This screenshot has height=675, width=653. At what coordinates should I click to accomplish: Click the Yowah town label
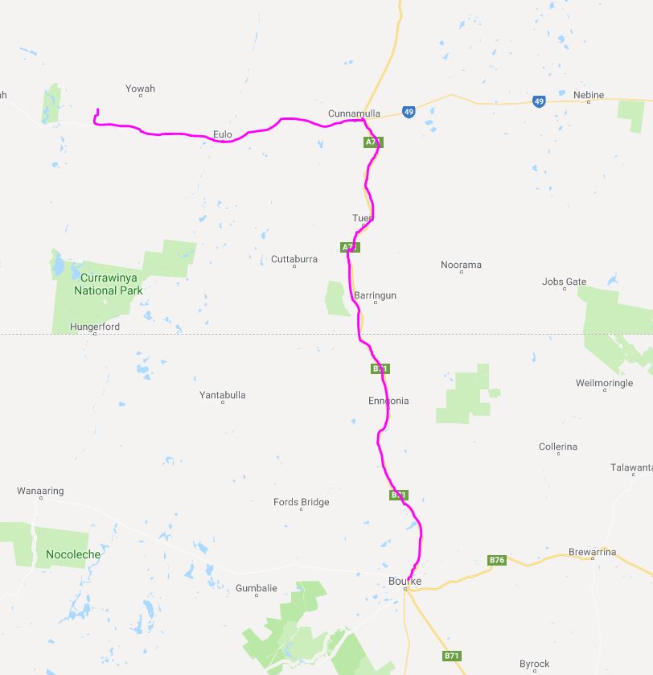tap(141, 88)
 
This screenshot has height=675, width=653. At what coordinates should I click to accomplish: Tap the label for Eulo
tap(223, 134)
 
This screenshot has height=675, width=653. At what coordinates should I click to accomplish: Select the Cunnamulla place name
tap(354, 114)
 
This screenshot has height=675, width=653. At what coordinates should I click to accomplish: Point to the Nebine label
tap(589, 95)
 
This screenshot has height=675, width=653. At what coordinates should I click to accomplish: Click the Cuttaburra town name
tap(294, 259)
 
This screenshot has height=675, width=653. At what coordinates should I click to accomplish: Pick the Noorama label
tap(462, 265)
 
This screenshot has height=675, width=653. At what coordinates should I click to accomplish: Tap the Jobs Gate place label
tap(565, 282)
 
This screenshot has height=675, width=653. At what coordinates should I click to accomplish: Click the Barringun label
tap(376, 296)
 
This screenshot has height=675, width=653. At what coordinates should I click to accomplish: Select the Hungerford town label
tap(95, 327)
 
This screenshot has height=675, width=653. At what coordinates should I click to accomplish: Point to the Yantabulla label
tap(223, 395)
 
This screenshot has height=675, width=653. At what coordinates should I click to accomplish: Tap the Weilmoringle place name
tap(605, 384)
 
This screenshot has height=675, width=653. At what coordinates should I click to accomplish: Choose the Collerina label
tap(558, 447)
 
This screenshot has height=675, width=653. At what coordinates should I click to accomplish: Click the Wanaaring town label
tap(40, 491)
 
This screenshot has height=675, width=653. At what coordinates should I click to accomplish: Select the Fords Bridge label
tap(302, 502)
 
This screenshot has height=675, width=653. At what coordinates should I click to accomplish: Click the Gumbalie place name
tap(257, 588)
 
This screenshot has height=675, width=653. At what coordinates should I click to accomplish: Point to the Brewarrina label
tap(592, 552)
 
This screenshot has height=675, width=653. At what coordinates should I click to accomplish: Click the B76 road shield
tap(497, 560)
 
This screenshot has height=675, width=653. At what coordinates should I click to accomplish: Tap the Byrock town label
tap(535, 664)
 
